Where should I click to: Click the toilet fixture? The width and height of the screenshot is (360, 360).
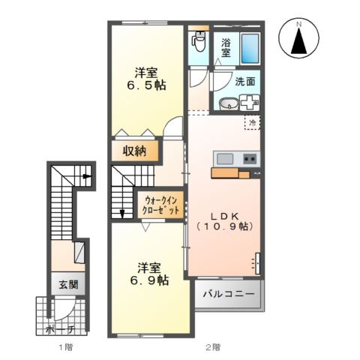(199, 41)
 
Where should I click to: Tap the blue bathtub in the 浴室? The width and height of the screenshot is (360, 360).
(250, 47)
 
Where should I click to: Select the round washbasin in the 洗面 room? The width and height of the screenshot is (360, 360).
(228, 103)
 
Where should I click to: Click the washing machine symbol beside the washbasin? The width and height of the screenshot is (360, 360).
(249, 102)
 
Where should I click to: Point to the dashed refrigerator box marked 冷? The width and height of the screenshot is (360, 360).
(252, 122)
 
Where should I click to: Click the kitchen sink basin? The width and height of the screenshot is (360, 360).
(225, 159)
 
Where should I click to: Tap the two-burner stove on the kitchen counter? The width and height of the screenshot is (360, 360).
(250, 159)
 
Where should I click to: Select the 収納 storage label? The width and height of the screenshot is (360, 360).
(134, 151)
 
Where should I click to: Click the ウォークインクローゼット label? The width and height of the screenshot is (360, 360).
(160, 205)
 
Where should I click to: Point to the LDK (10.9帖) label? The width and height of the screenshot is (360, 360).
(224, 221)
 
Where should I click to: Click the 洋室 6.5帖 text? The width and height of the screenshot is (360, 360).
(146, 79)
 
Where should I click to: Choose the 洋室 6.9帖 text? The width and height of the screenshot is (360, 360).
(149, 274)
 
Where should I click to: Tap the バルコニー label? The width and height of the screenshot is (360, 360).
(229, 294)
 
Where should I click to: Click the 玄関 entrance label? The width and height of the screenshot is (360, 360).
(68, 285)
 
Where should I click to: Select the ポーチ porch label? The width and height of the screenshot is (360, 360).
(60, 330)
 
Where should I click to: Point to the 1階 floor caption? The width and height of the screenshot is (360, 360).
(66, 347)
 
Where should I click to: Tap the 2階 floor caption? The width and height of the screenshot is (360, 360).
(213, 347)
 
